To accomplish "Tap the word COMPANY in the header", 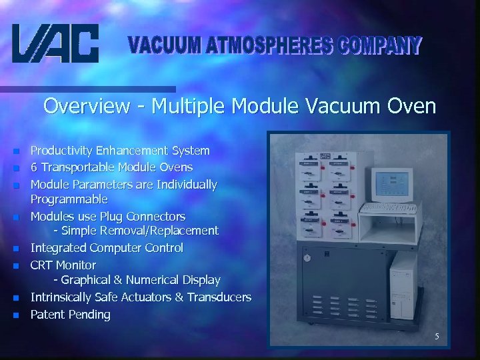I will [380, 46].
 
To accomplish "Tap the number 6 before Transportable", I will [34, 167].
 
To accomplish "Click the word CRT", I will [42, 265].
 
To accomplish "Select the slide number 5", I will [437, 337].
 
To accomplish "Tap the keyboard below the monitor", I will [394, 209].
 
